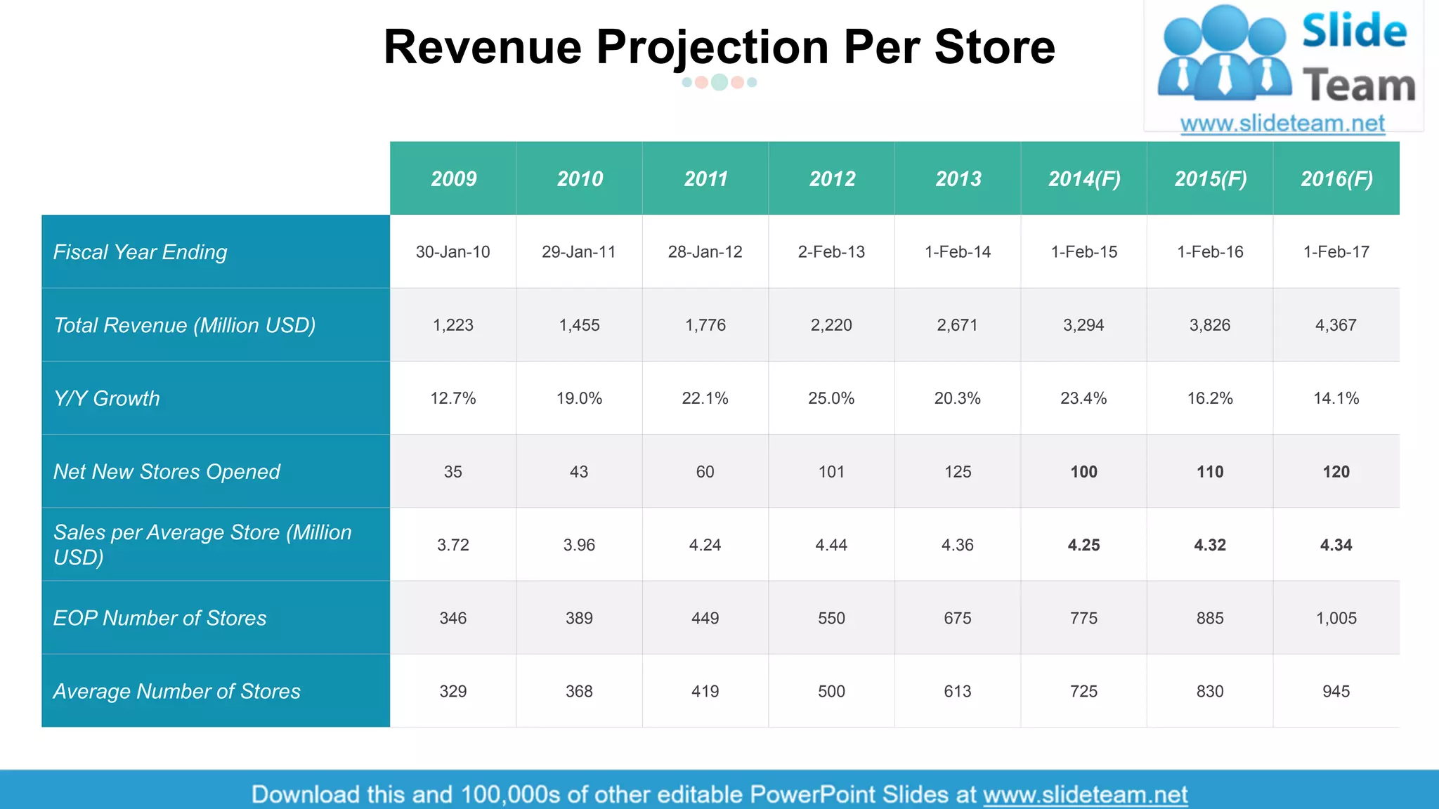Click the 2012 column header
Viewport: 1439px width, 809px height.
832,179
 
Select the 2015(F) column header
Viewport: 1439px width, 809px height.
1210,179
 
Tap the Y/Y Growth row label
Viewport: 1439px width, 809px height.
107,398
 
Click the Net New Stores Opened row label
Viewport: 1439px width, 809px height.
167,471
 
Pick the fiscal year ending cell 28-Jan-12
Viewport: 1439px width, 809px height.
705,252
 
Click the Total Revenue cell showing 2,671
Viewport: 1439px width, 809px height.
957,325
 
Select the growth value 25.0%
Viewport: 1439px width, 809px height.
831,398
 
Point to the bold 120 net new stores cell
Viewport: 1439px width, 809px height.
1336,472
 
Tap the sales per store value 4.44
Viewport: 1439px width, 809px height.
831,545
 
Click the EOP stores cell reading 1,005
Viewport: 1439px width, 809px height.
1336,618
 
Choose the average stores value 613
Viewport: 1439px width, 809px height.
957,691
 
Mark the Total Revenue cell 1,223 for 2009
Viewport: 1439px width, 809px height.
453,325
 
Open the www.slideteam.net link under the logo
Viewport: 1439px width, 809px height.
1282,124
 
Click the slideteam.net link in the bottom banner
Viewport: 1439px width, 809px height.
1085,794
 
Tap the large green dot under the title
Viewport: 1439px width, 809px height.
719,82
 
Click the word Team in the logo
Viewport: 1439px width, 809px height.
1359,86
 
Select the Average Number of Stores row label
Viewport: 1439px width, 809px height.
176,691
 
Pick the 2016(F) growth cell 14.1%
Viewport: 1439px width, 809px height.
1336,398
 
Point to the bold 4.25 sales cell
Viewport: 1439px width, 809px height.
1083,545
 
